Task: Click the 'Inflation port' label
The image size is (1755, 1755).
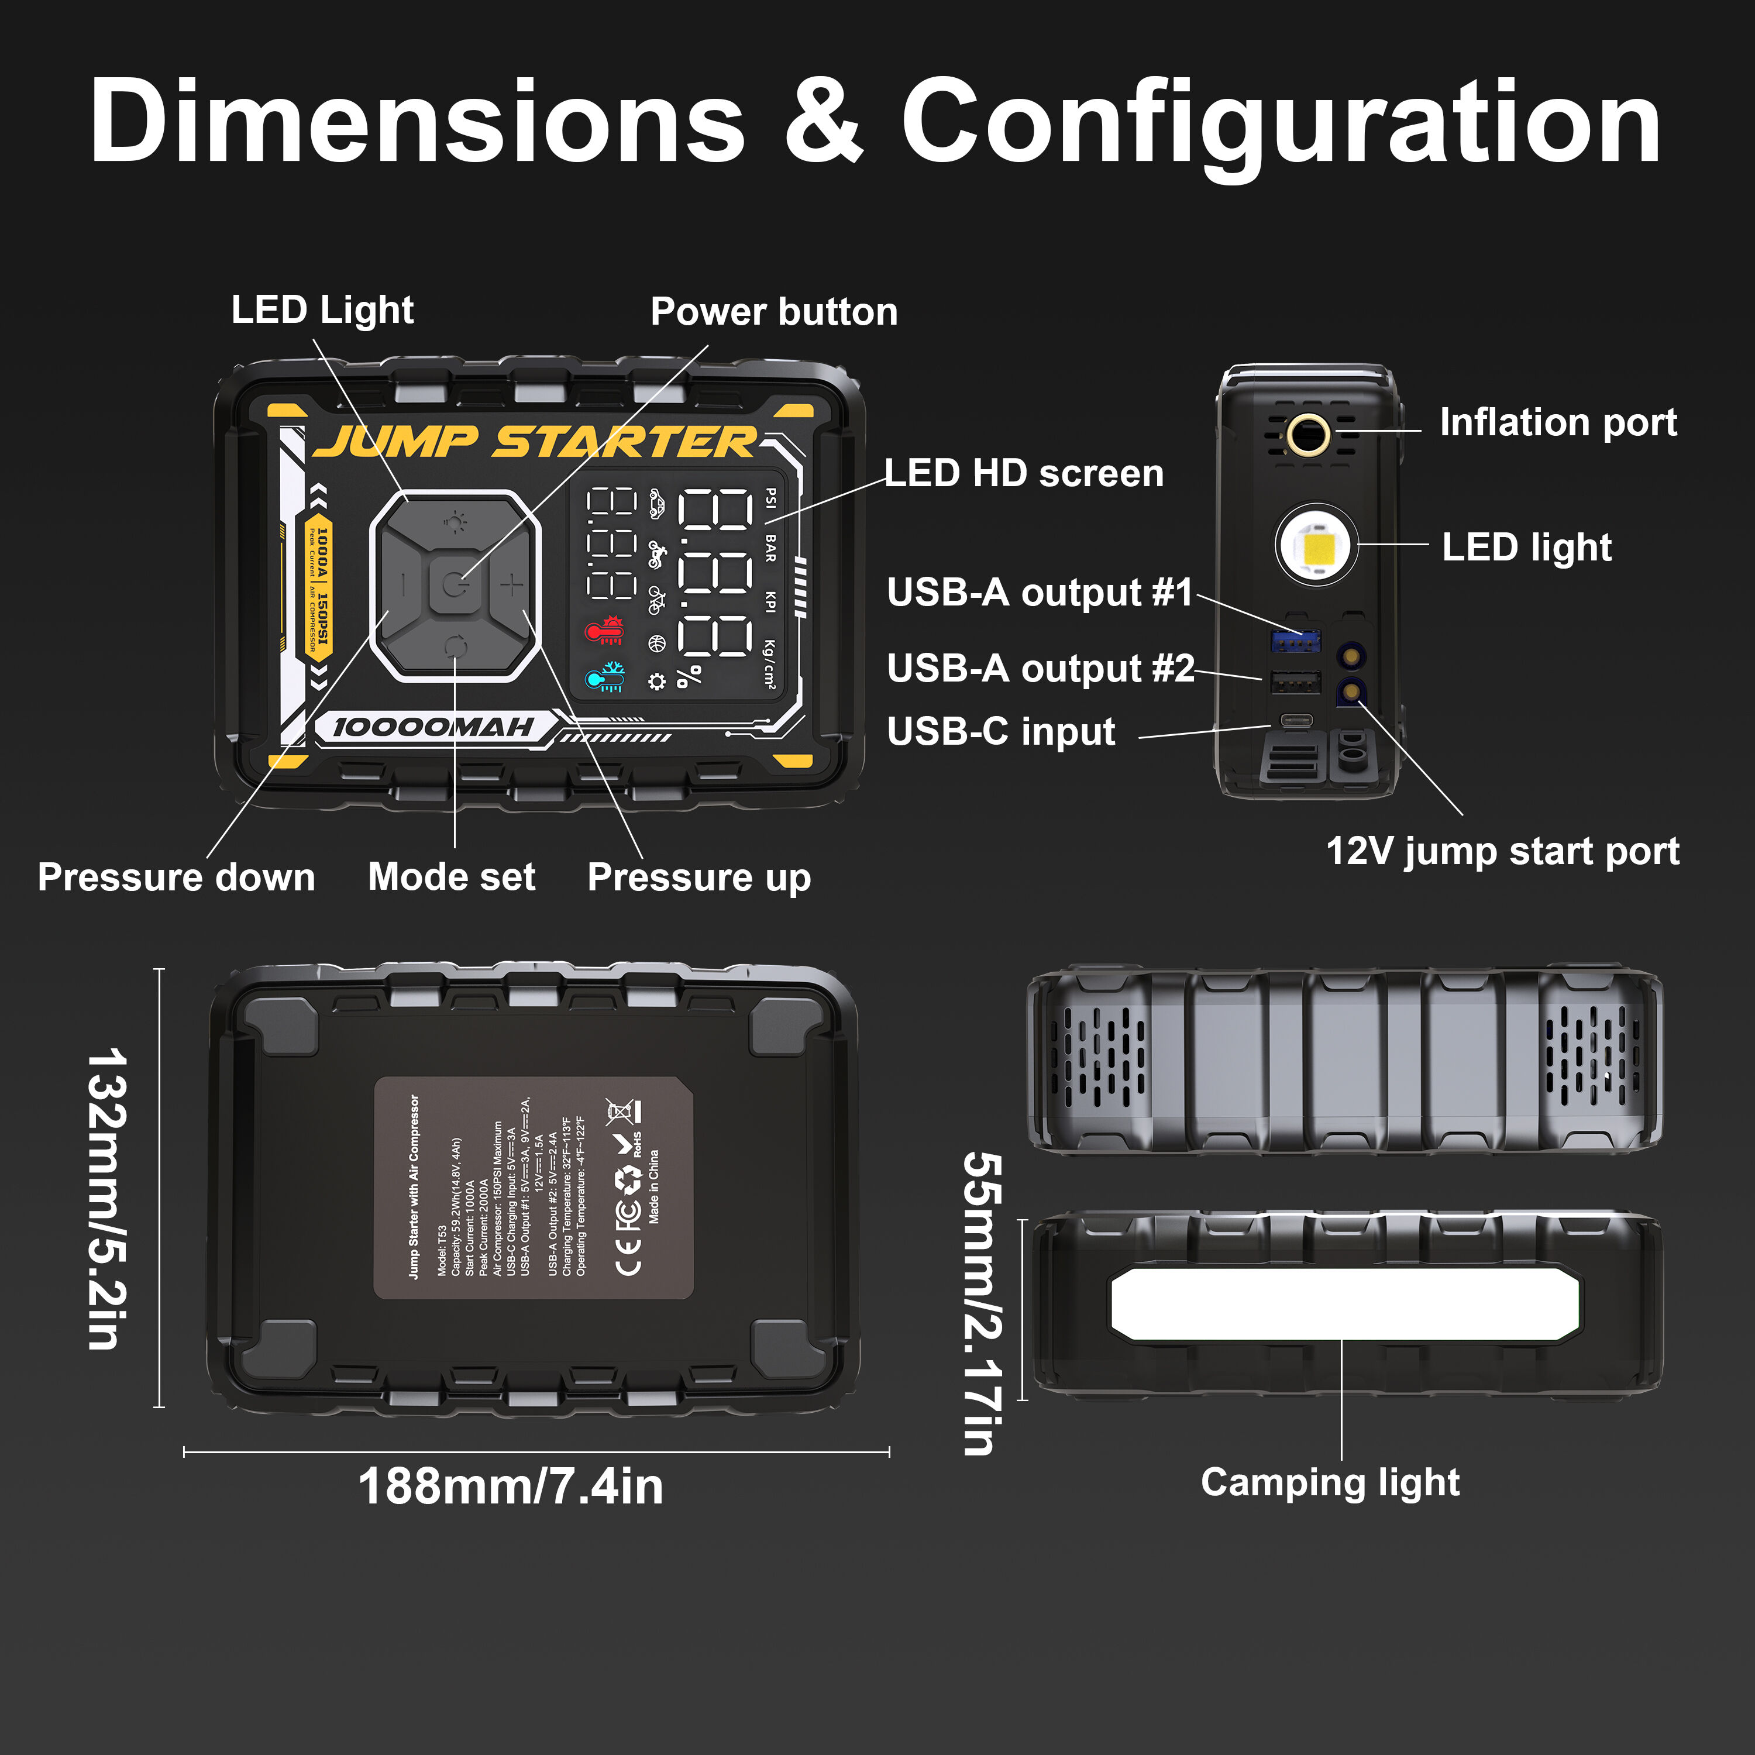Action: point(1558,422)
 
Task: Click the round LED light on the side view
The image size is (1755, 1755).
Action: point(1317,546)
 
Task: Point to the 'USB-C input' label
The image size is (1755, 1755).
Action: point(1000,731)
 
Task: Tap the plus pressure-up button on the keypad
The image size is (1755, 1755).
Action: point(512,584)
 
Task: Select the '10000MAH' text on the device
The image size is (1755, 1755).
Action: point(433,727)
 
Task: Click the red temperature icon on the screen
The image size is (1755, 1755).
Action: point(605,629)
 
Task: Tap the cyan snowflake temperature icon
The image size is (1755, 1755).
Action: point(605,677)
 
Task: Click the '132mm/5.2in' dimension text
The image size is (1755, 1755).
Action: point(107,1199)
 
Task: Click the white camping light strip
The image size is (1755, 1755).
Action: point(1344,1303)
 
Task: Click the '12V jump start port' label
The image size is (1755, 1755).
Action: point(1502,851)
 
